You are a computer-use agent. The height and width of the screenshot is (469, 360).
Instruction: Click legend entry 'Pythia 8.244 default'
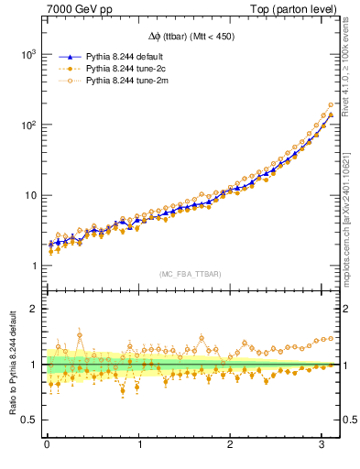tap(124, 56)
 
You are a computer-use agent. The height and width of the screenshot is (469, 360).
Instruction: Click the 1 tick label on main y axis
tap(34, 267)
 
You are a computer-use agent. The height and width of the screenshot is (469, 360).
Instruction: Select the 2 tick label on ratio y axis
tap(34, 309)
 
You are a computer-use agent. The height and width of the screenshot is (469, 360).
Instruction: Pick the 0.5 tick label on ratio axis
tap(28, 420)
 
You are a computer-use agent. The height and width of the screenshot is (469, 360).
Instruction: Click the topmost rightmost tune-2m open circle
tap(331, 104)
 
